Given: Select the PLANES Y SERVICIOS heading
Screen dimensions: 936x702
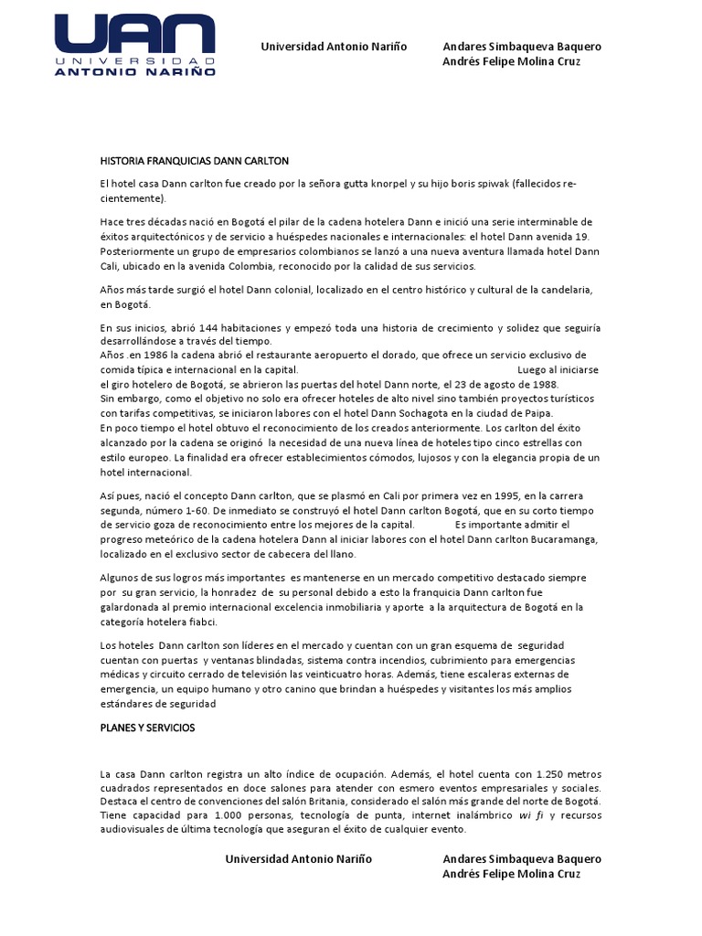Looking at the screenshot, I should point(147,728).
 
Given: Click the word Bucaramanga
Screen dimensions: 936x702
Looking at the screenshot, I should point(560,540).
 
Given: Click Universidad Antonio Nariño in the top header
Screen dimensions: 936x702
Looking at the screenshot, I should point(335,47).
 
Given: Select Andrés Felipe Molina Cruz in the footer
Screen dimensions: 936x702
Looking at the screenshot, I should point(511,874).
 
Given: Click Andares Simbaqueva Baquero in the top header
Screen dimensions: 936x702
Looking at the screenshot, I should point(522,47).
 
